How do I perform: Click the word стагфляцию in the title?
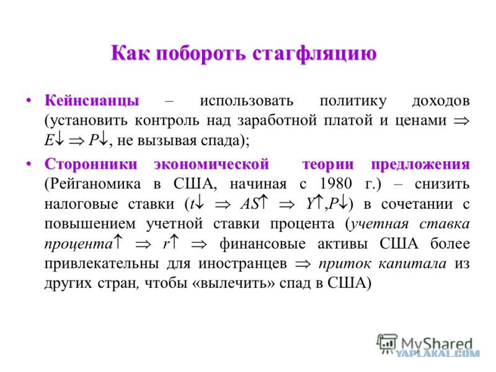pyautogui.click(x=314, y=54)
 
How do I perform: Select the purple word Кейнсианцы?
pyautogui.click(x=92, y=100)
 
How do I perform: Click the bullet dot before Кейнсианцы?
pyautogui.click(x=29, y=100)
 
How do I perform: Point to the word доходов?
pyautogui.click(x=441, y=101)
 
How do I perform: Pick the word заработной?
pyautogui.click(x=277, y=120)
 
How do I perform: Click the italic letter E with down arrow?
pyautogui.click(x=54, y=140)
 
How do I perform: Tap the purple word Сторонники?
pyautogui.click(x=91, y=164)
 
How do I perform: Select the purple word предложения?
pyautogui.click(x=420, y=164)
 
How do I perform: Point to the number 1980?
pyautogui.click(x=335, y=184)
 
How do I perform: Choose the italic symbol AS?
pyautogui.click(x=250, y=204)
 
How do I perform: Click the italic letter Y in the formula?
pyautogui.click(x=311, y=204)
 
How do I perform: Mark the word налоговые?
pyautogui.click(x=81, y=204)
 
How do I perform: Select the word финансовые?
pyautogui.click(x=262, y=244)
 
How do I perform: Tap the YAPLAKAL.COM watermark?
pyautogui.click(x=438, y=353)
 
